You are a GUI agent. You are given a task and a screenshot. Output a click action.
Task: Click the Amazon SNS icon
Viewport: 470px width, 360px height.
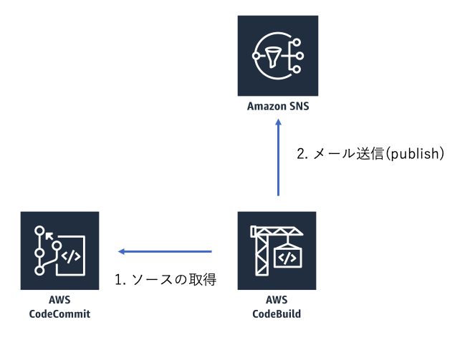277,55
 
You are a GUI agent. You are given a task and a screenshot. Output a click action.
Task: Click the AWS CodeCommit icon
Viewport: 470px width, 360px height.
59,250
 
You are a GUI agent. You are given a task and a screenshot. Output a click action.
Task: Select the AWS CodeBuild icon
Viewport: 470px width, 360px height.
277,250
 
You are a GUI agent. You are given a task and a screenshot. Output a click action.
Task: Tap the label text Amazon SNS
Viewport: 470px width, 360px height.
278,107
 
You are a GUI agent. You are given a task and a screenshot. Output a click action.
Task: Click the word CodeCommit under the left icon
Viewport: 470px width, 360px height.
59,313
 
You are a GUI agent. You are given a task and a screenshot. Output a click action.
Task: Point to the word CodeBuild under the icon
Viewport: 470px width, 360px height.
277,313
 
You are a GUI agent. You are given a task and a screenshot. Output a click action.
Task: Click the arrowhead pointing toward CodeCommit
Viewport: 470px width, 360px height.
122,251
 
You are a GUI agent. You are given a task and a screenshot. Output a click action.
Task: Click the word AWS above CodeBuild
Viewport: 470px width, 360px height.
277,301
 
